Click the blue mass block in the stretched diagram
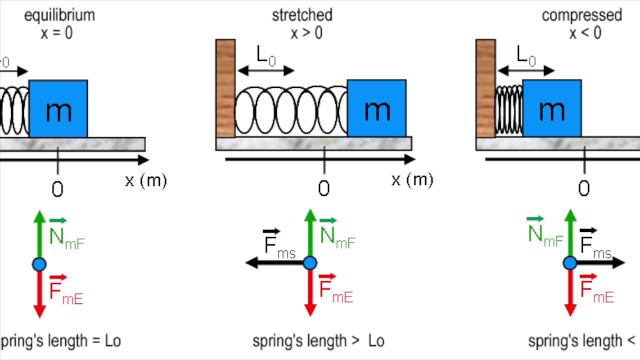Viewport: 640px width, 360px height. [x=376, y=108]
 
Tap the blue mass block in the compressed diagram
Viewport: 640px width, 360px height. [x=552, y=108]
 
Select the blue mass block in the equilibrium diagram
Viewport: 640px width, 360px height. [x=58, y=108]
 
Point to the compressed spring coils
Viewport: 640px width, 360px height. [x=509, y=110]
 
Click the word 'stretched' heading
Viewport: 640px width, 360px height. [x=302, y=15]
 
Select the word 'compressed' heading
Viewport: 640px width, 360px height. [x=582, y=15]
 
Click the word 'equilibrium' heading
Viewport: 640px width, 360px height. [x=59, y=15]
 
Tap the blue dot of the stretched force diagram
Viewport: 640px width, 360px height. [x=310, y=263]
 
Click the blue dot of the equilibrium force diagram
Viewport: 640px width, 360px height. [x=39, y=264]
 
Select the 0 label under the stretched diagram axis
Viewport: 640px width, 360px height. [x=324, y=189]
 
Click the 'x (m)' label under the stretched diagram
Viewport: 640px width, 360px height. [x=412, y=180]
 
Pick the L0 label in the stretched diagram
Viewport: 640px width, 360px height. [x=265, y=56]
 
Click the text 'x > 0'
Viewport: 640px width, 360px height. [x=306, y=33]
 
